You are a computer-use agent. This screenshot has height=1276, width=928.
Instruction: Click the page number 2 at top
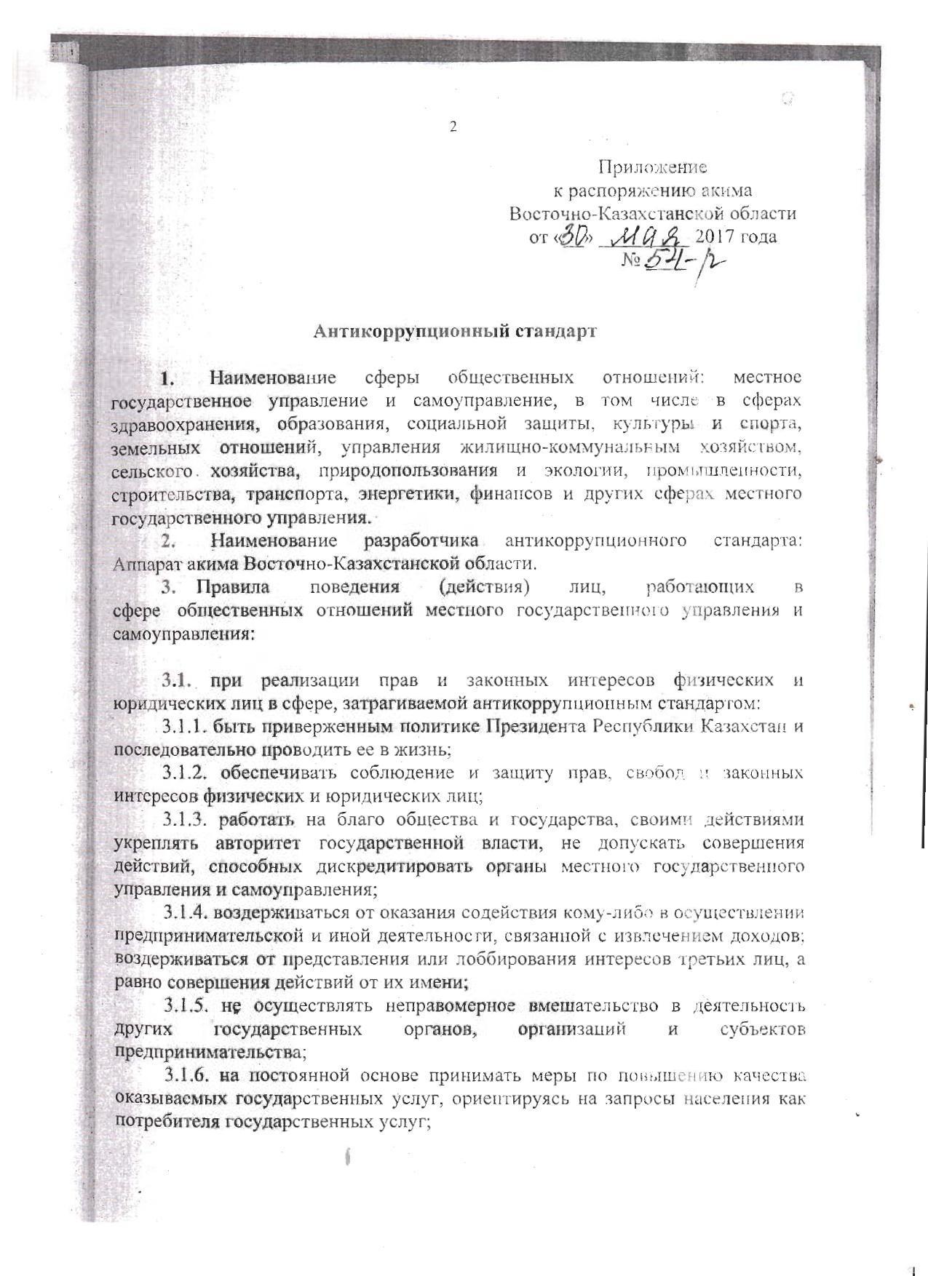[453, 127]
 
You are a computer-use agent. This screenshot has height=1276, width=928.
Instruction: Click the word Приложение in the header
[652, 167]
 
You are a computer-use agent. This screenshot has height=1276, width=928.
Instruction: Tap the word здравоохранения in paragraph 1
[182, 424]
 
